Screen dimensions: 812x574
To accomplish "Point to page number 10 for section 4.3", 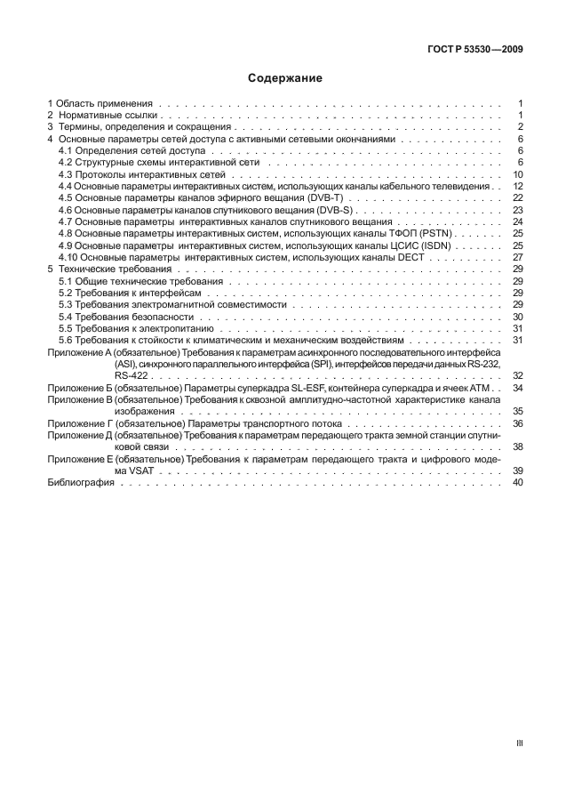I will coord(517,174).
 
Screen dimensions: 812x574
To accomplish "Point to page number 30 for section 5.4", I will coord(517,317).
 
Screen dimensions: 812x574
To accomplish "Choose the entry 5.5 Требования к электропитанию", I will coord(135,328).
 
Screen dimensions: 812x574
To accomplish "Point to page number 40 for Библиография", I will coord(517,482).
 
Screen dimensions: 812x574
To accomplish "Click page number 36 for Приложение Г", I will coord(517,423).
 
